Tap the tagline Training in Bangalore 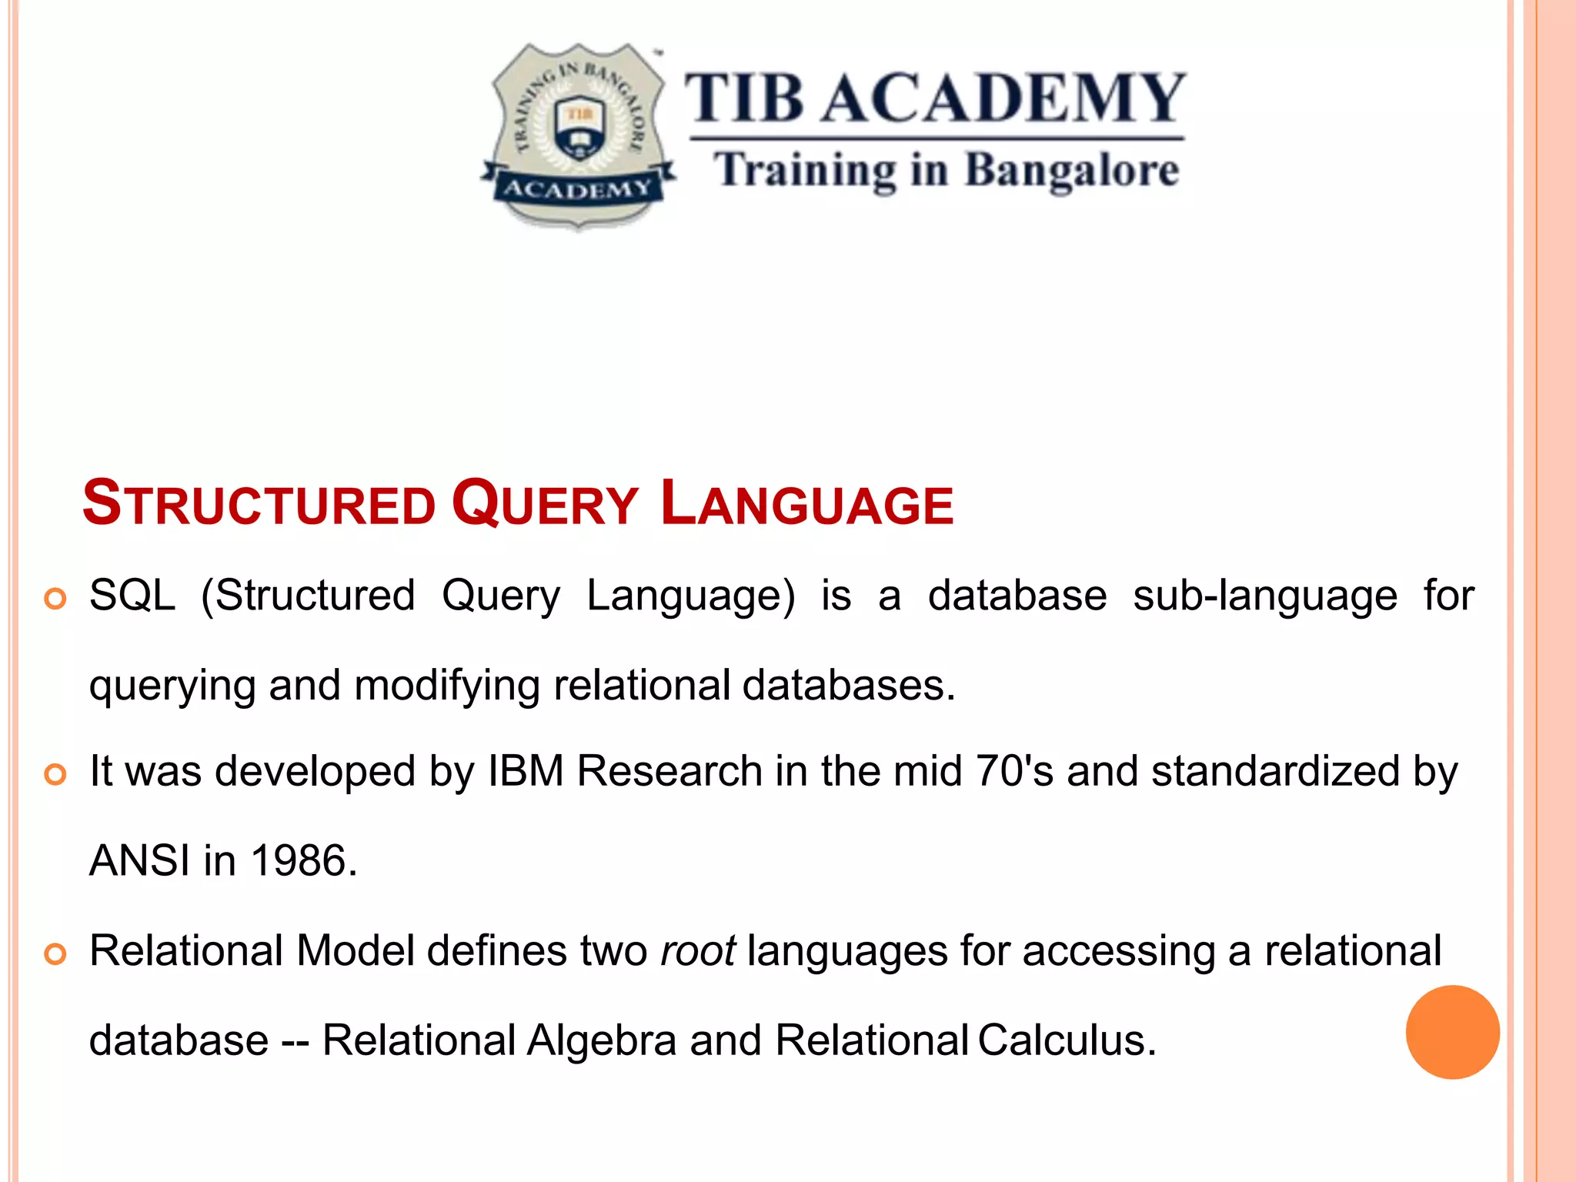coord(946,171)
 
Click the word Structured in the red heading coord(259,504)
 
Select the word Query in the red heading coord(545,504)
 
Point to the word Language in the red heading coord(806,504)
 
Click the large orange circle coord(1452,1032)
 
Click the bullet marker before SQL coord(55,599)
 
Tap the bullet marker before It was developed coord(55,774)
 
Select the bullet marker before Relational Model coord(55,954)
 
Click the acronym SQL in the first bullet coord(132,596)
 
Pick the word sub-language coord(1264,596)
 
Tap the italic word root coord(698,951)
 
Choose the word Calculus coord(1067,1040)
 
